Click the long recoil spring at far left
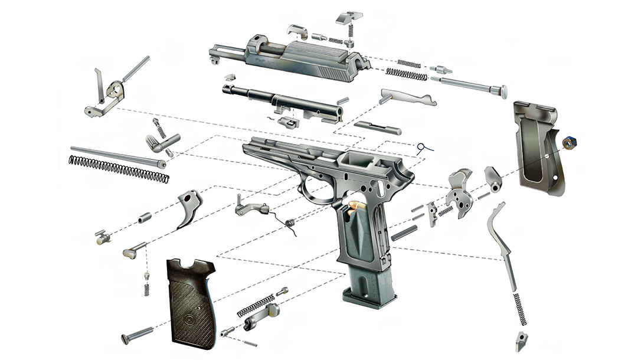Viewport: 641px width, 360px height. tap(119, 168)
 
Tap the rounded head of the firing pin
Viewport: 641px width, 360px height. tap(503, 92)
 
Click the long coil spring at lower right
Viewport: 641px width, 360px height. tap(521, 308)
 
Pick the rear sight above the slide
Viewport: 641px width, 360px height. tap(349, 18)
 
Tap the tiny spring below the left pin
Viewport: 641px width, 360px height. tap(146, 287)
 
